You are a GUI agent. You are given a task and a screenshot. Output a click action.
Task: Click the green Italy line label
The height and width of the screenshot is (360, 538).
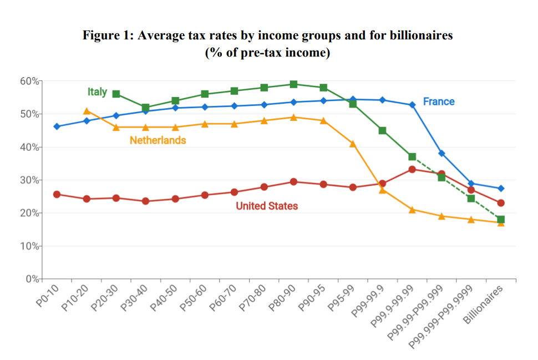pyautogui.click(x=97, y=92)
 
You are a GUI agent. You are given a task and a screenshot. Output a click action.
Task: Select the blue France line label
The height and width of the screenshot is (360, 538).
pyautogui.click(x=438, y=102)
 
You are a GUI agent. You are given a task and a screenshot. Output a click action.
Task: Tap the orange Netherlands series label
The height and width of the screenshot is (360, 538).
pyautogui.click(x=158, y=140)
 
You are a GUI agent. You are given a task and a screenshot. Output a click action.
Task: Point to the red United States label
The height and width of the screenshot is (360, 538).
pyautogui.click(x=267, y=206)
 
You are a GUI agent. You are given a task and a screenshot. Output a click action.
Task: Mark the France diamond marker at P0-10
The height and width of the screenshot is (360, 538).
pyautogui.click(x=57, y=126)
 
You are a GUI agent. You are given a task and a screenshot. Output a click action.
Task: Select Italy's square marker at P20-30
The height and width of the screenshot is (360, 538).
pyautogui.click(x=116, y=94)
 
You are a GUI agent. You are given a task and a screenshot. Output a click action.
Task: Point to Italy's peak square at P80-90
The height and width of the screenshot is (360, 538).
pyautogui.click(x=293, y=84)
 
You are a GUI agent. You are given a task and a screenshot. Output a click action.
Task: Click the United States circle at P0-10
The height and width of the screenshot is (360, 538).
pyautogui.click(x=57, y=195)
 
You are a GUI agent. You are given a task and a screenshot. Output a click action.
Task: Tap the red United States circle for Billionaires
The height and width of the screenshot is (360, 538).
pyautogui.click(x=501, y=203)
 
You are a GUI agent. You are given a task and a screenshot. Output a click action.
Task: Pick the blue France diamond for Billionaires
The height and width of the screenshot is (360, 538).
pyautogui.click(x=501, y=189)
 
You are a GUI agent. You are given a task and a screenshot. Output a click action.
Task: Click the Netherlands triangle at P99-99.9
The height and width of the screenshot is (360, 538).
pyautogui.click(x=382, y=190)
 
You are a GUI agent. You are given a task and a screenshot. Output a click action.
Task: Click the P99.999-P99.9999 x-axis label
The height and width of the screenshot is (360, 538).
pyautogui.click(x=441, y=316)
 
